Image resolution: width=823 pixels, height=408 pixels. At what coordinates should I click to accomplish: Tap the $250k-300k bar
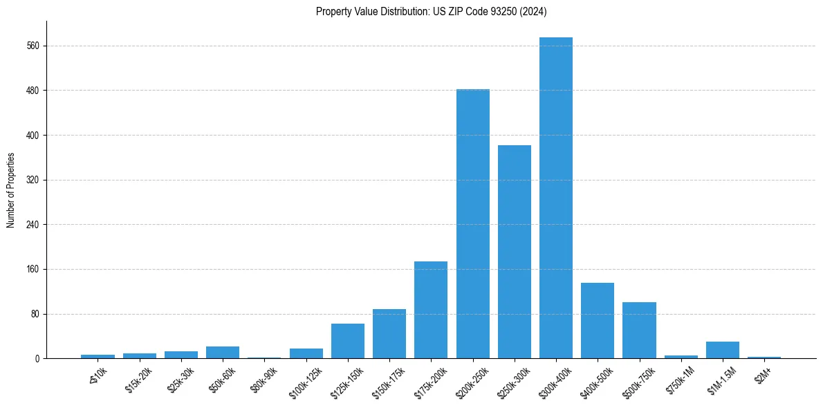pos(515,252)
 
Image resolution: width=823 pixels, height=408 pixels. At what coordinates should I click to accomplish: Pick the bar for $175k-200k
pos(431,310)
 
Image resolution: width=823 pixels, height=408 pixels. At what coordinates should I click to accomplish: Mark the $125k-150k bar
pos(348,341)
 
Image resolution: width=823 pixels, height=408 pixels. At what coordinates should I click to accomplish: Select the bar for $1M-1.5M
pos(723,350)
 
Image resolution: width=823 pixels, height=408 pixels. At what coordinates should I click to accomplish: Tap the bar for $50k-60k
pos(223,352)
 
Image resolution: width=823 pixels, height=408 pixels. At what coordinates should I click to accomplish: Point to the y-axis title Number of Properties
pos(10,190)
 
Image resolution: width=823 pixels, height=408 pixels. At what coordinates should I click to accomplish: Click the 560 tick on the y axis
pos(33,46)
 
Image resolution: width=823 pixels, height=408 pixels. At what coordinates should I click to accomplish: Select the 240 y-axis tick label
pos(33,225)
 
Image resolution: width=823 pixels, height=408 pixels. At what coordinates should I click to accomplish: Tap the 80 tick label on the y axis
pos(35,314)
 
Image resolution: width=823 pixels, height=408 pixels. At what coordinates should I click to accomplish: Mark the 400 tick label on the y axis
pos(33,135)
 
